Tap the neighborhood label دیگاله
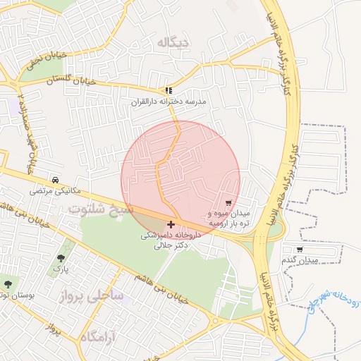pos(173,43)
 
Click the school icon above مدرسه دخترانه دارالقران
pos(168,91)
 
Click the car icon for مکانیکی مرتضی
pos(56,179)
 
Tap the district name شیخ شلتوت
pos(100,209)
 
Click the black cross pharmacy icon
pos(171,224)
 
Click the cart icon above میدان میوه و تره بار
pos(228,203)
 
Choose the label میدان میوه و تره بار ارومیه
pos(228,218)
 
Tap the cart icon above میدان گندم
pos(300,250)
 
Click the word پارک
pos(62,269)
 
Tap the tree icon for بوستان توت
pos(8,284)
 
